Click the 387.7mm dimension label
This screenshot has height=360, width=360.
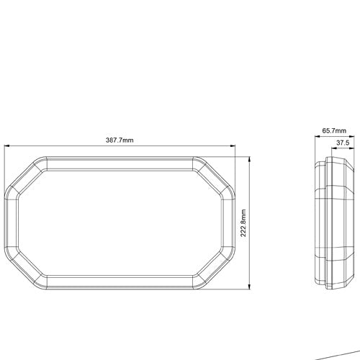coord(120,140)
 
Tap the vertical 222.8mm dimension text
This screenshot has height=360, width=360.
coord(243,223)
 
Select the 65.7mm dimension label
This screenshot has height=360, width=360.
coord(334,131)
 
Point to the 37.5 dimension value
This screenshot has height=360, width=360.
coord(343,143)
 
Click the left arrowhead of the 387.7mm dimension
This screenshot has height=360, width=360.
coord(6,145)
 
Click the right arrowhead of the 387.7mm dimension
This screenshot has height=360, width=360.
coord(233,145)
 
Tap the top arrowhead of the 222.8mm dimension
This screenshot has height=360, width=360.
coord(250,159)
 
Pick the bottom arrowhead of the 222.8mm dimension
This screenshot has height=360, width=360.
coord(250,287)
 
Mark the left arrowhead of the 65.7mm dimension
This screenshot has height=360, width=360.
coord(318,136)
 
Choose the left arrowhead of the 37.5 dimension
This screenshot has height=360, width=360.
coord(334,148)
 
